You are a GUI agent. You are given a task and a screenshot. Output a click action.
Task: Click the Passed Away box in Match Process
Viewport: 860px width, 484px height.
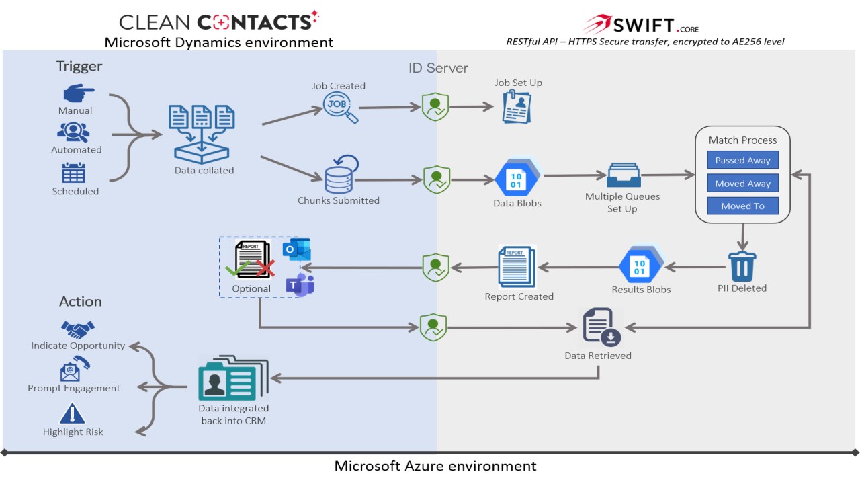pos(742,161)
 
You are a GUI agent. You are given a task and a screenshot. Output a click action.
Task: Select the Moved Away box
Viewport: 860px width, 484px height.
pos(742,184)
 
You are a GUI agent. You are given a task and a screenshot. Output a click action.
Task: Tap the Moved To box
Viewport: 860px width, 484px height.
pos(742,206)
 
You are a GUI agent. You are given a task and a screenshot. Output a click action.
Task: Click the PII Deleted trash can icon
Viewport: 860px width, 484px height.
pos(742,266)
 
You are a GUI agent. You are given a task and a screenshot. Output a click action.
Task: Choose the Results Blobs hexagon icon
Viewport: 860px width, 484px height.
pos(641,267)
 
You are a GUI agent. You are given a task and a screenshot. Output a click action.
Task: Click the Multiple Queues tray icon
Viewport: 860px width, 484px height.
pos(623,176)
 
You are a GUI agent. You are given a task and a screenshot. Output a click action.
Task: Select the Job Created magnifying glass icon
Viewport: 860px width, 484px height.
pos(340,108)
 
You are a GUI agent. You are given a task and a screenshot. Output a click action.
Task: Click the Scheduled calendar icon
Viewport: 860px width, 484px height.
pos(74,173)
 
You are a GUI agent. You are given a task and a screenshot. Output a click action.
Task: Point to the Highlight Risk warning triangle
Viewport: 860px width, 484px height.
pos(73,413)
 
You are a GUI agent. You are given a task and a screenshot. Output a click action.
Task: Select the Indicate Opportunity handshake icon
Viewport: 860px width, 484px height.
pos(78,329)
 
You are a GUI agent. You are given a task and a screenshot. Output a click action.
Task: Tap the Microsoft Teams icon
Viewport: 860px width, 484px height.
pos(300,285)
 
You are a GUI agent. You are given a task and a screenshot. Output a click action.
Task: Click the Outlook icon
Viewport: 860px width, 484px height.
pos(297,250)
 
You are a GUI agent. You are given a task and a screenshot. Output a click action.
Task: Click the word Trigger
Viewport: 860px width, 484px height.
pos(79,66)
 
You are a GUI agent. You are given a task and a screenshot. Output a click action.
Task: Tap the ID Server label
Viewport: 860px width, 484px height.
pos(438,68)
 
